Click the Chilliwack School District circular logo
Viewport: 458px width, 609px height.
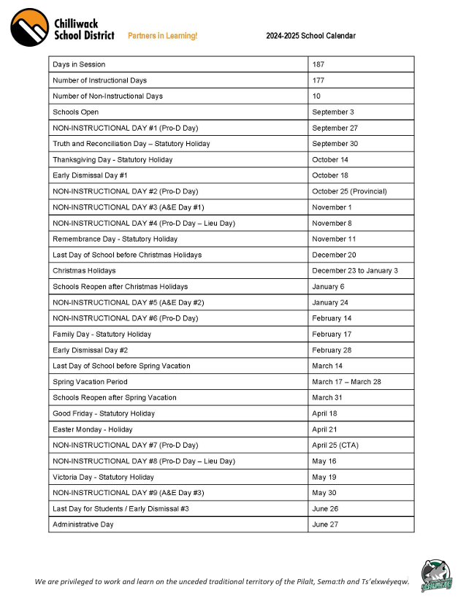coord(30,28)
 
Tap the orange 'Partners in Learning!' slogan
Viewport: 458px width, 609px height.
coord(162,36)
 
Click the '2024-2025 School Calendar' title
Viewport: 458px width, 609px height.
coord(310,36)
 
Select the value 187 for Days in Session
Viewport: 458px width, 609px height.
coord(318,65)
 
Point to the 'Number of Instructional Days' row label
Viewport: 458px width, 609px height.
coord(99,80)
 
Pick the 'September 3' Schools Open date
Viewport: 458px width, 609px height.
coord(332,112)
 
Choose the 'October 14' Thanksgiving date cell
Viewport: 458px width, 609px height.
coord(330,159)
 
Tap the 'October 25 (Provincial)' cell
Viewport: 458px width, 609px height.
coord(349,191)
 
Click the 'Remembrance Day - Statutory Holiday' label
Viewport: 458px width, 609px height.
coord(115,239)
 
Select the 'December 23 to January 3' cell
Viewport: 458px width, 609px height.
coord(354,270)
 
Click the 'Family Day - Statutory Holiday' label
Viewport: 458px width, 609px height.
coord(102,334)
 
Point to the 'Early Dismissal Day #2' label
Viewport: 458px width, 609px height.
coord(90,350)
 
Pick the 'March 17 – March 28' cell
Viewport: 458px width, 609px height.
coord(346,382)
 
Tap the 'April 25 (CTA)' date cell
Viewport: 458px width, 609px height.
coord(335,445)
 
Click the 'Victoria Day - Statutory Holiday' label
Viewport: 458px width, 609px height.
coord(103,477)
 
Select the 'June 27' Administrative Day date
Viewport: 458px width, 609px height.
coord(324,524)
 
